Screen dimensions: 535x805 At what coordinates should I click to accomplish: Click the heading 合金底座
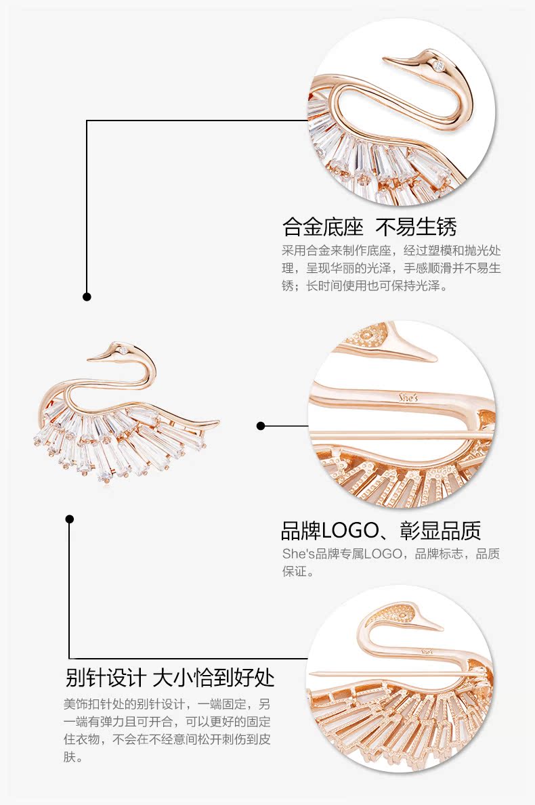323,225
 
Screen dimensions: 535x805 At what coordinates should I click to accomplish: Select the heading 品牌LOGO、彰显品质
381,530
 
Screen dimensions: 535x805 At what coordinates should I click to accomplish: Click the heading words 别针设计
106,677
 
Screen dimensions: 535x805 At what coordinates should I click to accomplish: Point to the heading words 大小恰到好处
214,677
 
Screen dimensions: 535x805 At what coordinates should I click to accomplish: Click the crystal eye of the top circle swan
439,66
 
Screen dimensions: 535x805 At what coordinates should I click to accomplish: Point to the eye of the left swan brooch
125,350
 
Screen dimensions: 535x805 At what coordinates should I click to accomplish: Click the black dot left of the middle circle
261,426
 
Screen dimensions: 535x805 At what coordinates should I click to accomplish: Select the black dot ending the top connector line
87,297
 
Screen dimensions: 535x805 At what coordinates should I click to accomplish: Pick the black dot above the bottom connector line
69,519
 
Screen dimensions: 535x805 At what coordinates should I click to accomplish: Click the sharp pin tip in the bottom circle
313,673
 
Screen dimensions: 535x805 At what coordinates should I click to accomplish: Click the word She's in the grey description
295,554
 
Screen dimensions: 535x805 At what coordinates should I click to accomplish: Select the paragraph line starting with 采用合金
391,249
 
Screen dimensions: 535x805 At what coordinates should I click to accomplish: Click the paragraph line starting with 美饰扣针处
167,703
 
